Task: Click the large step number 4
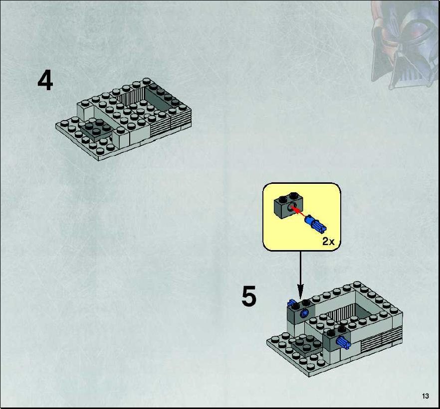coord(45,81)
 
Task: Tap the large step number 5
coord(249,296)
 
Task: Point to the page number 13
coord(425,396)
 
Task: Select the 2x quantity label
coord(328,241)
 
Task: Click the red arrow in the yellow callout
coord(298,211)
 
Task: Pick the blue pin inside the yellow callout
coord(315,224)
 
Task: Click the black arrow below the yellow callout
coord(300,275)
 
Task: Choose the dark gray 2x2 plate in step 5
coord(306,345)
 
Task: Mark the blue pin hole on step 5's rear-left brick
coord(303,313)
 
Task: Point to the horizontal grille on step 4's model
coord(171,123)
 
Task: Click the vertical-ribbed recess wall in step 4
coord(130,96)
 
